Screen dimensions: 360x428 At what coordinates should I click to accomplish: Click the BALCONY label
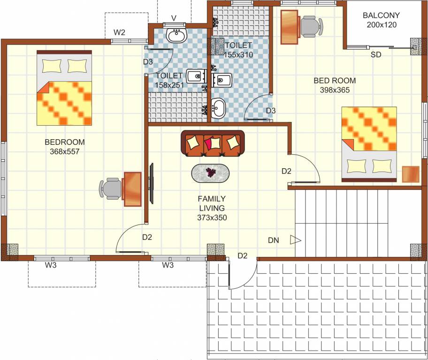381,15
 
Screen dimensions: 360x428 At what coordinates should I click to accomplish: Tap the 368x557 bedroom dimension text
65,151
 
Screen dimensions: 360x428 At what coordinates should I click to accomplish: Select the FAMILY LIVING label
211,203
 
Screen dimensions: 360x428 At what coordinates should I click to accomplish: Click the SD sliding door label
376,55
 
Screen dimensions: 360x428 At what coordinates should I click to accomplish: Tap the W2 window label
120,33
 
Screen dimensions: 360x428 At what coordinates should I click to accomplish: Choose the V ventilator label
174,18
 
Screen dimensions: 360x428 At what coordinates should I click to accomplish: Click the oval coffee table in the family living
211,173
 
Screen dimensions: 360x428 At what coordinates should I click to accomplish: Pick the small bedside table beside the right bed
411,174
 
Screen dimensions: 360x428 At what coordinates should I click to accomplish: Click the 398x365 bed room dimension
335,90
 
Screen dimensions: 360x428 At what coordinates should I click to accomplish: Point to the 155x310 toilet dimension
238,54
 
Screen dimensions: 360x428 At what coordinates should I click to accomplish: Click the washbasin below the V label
177,35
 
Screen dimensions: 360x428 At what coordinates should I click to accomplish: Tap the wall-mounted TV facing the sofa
152,183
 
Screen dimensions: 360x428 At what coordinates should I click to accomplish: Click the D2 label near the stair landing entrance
242,255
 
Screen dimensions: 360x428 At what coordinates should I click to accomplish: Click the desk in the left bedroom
132,189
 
